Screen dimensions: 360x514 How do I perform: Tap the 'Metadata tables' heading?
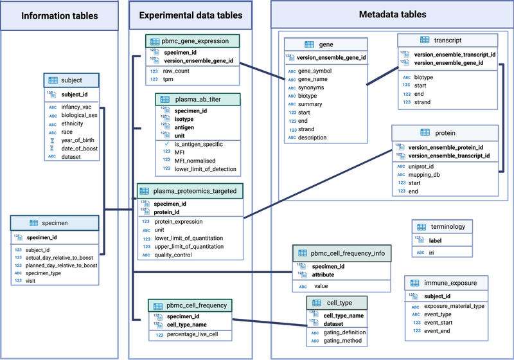(391, 14)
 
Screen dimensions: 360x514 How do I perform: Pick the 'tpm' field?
(169, 79)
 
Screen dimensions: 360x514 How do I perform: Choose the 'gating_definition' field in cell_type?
(344, 332)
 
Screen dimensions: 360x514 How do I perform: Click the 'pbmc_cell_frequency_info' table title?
(348, 254)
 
